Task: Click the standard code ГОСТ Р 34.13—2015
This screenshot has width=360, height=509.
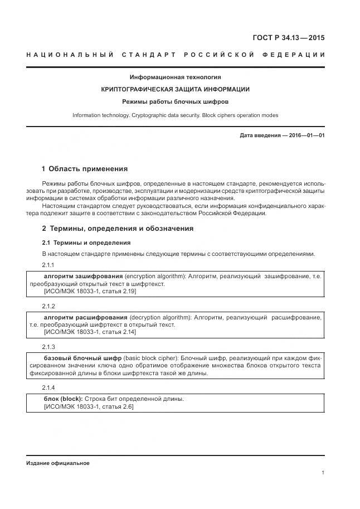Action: [x=289, y=38]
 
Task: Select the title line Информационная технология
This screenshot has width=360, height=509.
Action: [x=175, y=77]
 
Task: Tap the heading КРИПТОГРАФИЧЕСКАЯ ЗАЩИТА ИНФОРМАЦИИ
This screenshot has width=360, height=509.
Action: [x=175, y=89]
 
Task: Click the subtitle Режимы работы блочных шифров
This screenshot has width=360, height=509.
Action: [x=175, y=101]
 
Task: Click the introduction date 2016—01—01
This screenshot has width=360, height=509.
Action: [x=306, y=135]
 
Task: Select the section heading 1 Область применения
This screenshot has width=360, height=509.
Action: [x=85, y=169]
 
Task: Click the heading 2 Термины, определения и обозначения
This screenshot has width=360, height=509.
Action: [x=118, y=229]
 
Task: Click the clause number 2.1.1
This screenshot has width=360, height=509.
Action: [x=49, y=265]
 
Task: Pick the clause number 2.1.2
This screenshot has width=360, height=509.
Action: [x=49, y=307]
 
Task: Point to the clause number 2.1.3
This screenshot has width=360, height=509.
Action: [x=49, y=347]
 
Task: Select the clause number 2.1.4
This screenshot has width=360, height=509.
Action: [x=49, y=387]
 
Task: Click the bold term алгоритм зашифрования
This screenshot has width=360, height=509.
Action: [x=83, y=277]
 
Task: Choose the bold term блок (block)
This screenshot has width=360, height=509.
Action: [x=63, y=399]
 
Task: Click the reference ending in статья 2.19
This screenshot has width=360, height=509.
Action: [x=90, y=291]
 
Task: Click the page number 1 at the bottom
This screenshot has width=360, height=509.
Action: [x=323, y=473]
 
